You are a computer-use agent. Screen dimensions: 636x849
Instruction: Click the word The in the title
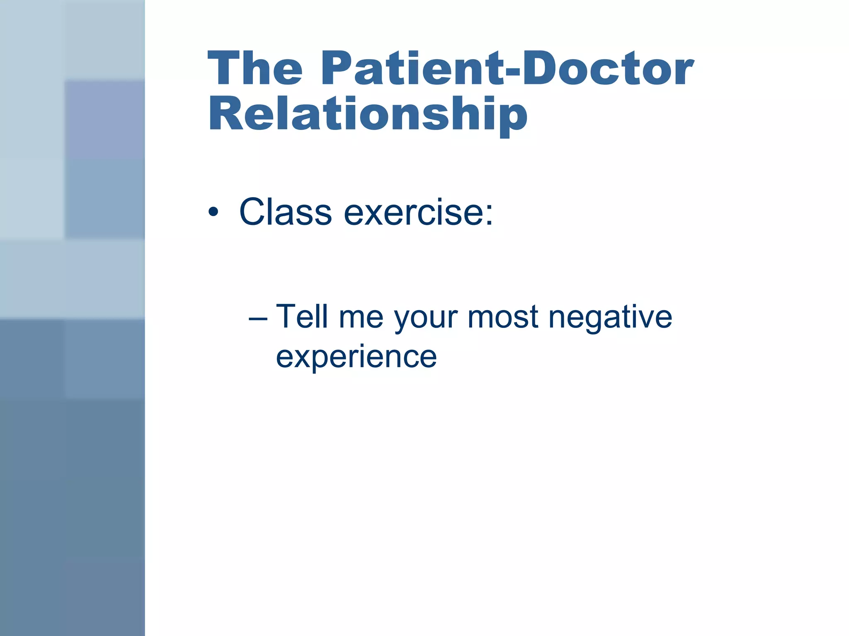point(255,68)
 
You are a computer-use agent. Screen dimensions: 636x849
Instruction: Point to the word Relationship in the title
point(368,114)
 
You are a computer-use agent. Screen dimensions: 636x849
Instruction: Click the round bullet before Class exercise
point(213,212)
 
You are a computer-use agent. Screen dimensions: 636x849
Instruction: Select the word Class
point(286,212)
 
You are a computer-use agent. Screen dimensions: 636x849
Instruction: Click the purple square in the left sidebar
point(104,119)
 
